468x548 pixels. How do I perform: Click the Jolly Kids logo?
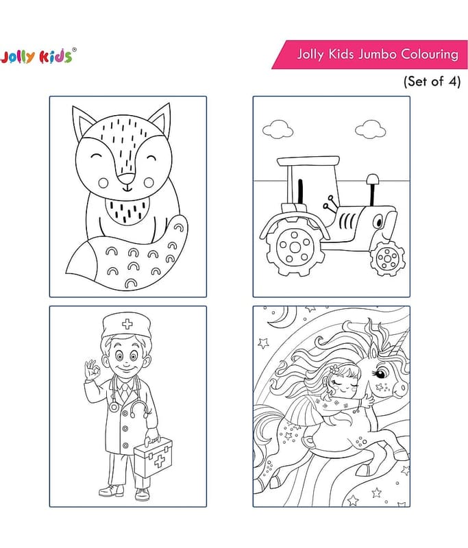38,56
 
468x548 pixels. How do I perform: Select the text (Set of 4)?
432,82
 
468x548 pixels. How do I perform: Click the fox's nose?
126,178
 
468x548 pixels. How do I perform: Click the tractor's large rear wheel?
293,247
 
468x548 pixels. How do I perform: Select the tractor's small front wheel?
387,259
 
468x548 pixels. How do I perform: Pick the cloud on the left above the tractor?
278,129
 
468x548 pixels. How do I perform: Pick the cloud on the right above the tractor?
371,129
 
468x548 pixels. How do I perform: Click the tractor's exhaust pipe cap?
373,179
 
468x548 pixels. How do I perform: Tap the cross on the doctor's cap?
127,324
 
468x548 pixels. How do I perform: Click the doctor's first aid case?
153,456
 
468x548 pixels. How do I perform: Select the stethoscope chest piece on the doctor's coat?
113,407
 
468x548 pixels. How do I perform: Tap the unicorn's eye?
381,373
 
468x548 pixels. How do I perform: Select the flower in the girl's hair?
334,368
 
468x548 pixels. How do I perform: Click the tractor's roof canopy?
308,161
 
